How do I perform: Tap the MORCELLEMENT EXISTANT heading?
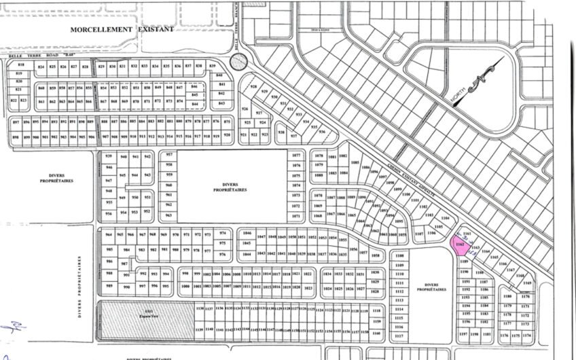point(122,30)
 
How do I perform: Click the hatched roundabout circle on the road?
point(238,62)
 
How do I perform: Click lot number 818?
point(20,65)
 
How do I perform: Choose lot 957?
point(169,156)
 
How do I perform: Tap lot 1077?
point(295,156)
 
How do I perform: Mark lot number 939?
point(107,156)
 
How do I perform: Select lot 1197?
point(463,334)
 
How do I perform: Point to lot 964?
point(108,234)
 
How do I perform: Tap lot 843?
point(221,103)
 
